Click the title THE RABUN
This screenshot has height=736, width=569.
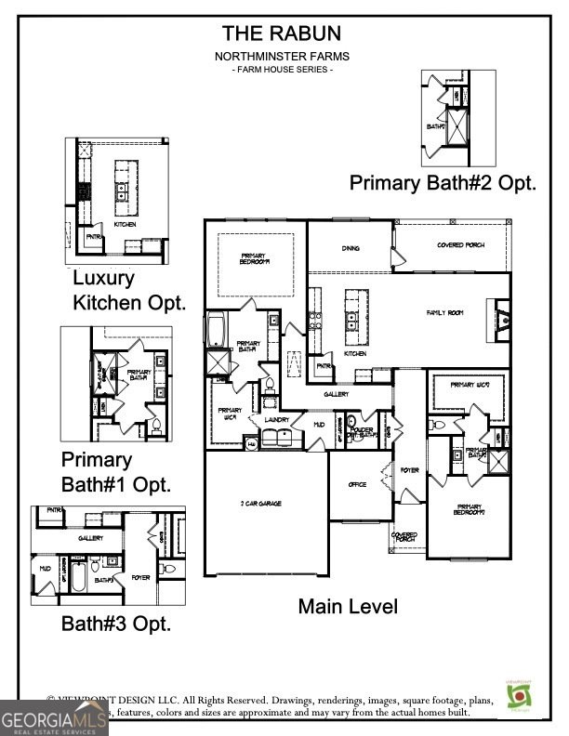pos(281,33)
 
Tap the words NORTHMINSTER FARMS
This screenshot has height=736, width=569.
pos(281,57)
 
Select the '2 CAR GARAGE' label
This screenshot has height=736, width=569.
pos(261,504)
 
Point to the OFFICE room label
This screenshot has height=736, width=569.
pos(357,484)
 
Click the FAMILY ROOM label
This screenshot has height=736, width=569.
pos(444,313)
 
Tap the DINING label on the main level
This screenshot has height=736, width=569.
pos(350,248)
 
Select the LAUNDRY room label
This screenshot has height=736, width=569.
pos(278,420)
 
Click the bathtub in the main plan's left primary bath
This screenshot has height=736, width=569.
pos(216,330)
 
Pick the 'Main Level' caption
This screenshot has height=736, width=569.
pos(348,607)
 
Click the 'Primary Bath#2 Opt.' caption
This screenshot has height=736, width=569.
pos(443,183)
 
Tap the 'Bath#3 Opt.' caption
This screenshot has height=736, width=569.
pos(116,624)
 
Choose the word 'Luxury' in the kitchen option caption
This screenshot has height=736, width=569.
pos(103,278)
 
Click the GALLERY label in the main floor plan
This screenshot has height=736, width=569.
pos(337,394)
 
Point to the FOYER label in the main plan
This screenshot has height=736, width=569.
pos(410,471)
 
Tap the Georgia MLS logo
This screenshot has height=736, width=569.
pos(54,717)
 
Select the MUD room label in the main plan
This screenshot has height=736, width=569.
pos(318,424)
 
